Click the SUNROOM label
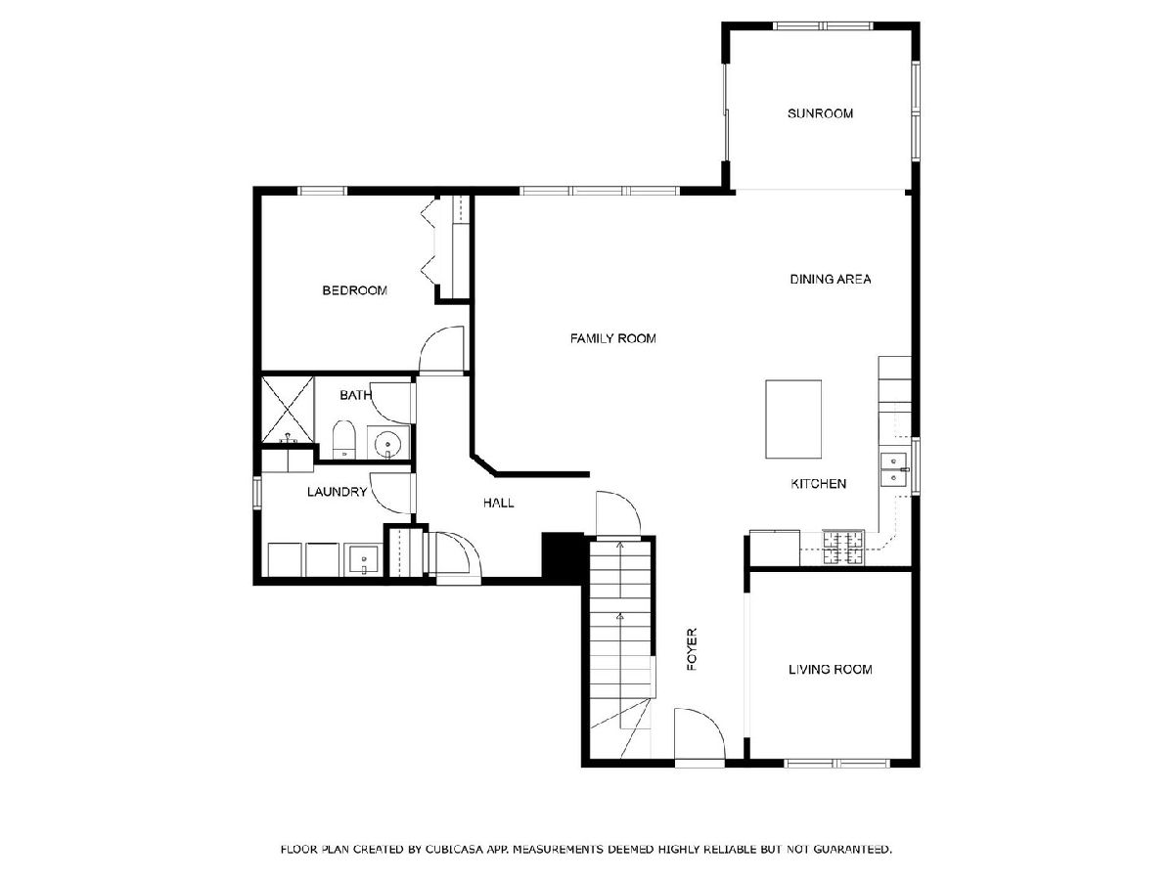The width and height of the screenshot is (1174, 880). point(820,113)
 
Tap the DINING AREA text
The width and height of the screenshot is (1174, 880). point(830,279)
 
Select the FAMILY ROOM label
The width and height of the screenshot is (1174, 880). point(613,338)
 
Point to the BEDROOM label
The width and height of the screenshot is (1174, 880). point(354,290)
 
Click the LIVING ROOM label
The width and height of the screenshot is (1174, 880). point(830,669)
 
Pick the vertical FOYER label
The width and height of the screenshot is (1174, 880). point(692,649)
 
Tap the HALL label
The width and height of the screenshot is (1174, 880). point(499,503)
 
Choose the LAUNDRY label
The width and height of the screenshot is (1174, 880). point(337,492)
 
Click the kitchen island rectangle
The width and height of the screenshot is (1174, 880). point(793,418)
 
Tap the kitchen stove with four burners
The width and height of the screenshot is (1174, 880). point(843,548)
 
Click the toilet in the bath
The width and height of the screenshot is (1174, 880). point(344,439)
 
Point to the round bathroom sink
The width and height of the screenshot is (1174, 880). point(387,443)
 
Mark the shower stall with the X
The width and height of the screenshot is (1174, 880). point(288,410)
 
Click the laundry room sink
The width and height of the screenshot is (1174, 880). point(363,559)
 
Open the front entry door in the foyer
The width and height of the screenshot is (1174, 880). point(700,733)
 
